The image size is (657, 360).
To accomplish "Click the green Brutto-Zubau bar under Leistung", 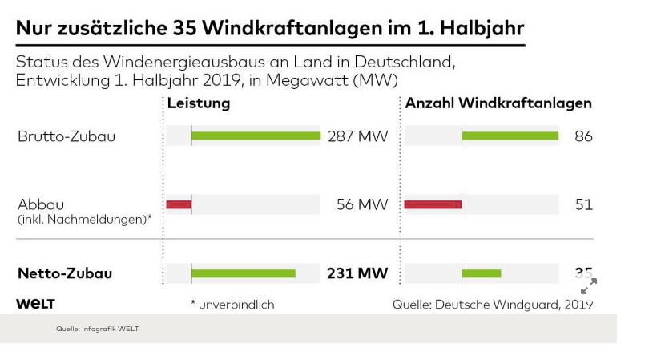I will click(256, 136).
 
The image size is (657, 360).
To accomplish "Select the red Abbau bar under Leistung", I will click(179, 204).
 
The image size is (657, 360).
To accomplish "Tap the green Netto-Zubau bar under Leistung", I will click(244, 273).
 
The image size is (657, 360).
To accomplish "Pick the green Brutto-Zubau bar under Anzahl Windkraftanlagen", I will click(510, 136).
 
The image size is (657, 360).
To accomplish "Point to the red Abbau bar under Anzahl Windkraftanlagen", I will click(433, 204).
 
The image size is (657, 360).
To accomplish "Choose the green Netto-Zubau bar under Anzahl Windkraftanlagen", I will click(481, 273).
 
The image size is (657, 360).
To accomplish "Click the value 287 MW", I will click(357, 136).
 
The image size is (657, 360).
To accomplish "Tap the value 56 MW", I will click(362, 204).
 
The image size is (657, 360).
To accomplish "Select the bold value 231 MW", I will click(357, 273).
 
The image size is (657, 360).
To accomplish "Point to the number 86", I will click(583, 136).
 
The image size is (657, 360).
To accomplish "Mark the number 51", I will click(583, 204).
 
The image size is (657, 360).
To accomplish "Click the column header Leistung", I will click(198, 103).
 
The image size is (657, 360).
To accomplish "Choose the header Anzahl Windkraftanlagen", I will click(498, 103).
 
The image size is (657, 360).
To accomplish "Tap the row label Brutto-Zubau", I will click(67, 136).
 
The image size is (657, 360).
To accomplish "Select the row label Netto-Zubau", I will click(65, 273).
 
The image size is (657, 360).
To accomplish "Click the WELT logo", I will click(36, 304).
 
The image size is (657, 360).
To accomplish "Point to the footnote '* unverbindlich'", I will click(232, 305).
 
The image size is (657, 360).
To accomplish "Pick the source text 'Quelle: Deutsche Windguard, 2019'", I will click(493, 305).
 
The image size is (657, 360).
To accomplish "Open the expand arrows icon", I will click(589, 286).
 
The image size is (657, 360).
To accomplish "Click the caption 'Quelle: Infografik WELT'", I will click(97, 329).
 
